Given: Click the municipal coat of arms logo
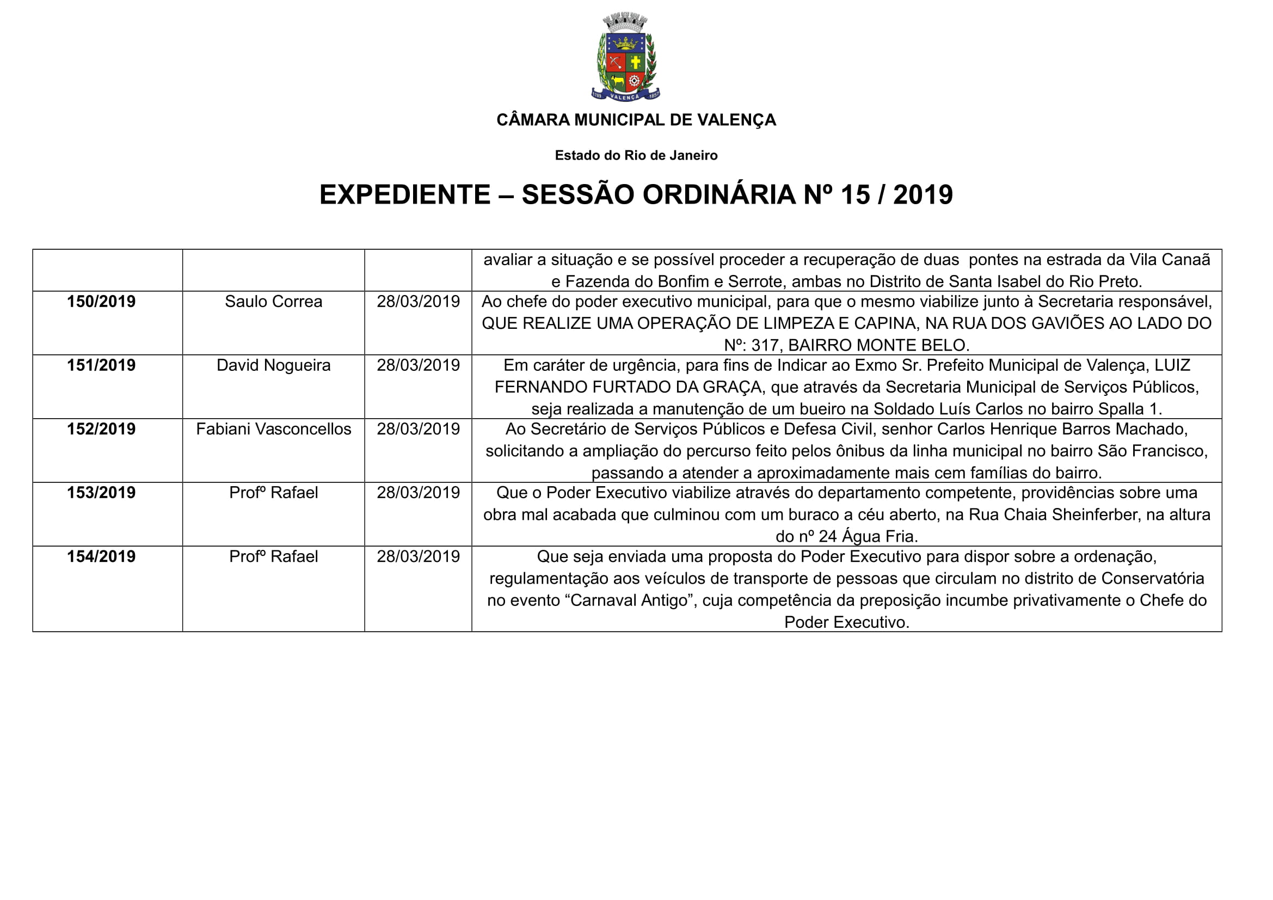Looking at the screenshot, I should click(625, 58).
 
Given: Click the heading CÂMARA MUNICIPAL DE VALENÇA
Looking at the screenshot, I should click(636, 120).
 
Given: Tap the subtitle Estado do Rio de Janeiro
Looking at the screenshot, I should click(636, 155).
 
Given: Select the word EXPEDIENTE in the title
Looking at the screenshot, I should click(405, 194).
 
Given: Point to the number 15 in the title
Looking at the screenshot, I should click(856, 194).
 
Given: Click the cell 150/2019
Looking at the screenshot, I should click(101, 302).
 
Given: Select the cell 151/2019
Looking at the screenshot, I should click(101, 365).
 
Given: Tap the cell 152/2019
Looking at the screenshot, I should click(101, 429).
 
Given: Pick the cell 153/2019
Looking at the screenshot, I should click(101, 493).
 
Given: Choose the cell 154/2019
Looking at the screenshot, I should click(101, 557).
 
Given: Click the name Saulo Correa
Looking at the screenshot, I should click(273, 302).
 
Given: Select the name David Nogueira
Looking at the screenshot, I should click(273, 365).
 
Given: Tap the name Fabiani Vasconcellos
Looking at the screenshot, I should click(273, 429).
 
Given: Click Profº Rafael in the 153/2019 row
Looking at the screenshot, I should click(273, 493).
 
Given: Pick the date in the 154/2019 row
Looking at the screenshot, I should click(418, 557).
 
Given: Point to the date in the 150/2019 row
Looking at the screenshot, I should click(418, 302).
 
